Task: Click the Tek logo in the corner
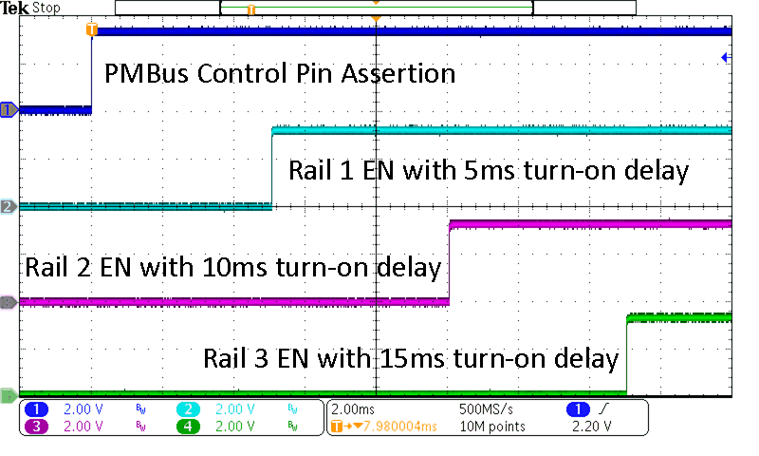pos(16,8)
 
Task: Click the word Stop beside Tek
pos(47,9)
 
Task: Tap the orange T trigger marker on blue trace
pos(91,29)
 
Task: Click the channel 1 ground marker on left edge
pos(9,109)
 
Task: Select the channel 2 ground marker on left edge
pos(9,205)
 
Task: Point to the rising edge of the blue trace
pos(91,71)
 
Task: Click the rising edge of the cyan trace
pos(272,166)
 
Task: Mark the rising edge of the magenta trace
pos(449,262)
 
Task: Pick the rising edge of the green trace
pos(627,353)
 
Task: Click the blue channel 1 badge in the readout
pos(37,408)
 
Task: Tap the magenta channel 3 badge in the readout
pos(37,427)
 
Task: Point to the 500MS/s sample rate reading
pos(487,408)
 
